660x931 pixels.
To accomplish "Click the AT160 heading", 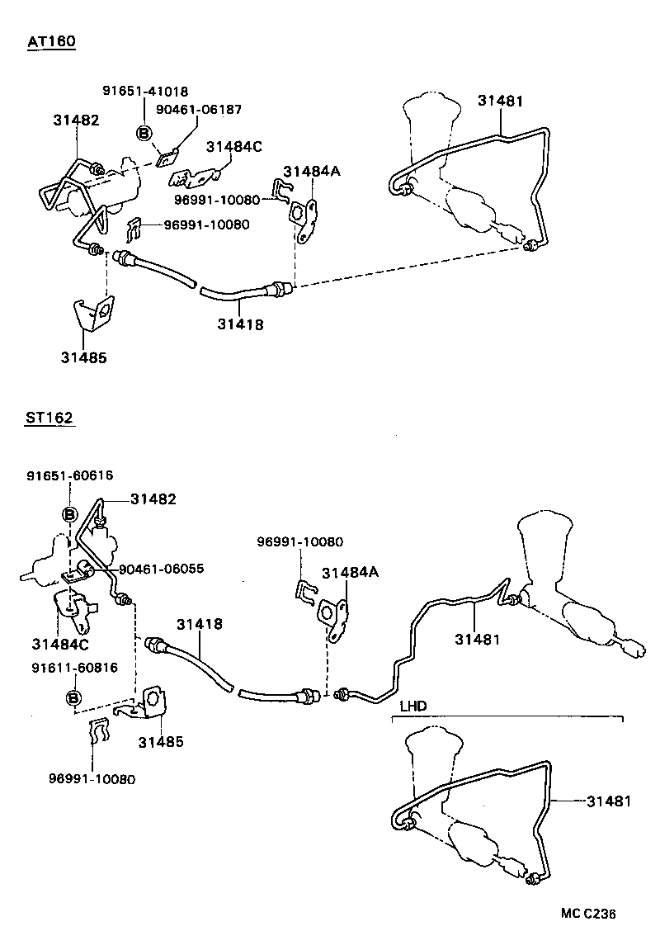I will [51, 42].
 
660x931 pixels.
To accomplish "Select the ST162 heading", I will [49, 418].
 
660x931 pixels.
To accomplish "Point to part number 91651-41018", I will [144, 91].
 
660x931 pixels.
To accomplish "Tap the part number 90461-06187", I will [199, 109].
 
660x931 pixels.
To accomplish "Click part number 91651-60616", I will [69, 475].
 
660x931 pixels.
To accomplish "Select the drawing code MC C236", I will [588, 913].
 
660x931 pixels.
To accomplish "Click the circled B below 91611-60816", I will [74, 698].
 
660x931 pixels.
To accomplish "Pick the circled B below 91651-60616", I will [69, 514].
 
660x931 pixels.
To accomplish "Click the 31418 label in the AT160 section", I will [241, 324].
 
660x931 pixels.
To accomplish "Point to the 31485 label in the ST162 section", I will [160, 742].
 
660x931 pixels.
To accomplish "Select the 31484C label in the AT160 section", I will [233, 147].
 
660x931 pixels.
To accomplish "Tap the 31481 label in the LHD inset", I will [610, 801].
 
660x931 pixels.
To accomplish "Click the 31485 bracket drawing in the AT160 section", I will [92, 314].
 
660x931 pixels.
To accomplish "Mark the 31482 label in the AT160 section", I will [76, 120].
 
